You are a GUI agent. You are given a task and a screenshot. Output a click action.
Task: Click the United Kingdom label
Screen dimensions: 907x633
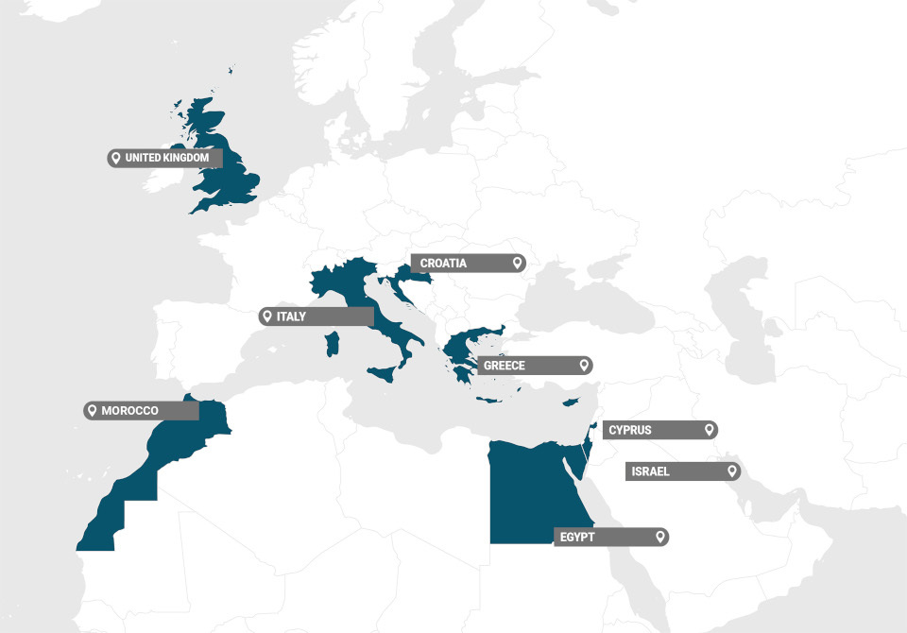coord(167,158)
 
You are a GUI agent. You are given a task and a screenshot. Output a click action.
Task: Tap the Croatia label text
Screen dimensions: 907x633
coord(444,264)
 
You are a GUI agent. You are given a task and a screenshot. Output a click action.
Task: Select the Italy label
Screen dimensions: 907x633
coord(292,316)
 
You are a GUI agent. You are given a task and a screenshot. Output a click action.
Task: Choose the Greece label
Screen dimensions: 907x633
coord(505,365)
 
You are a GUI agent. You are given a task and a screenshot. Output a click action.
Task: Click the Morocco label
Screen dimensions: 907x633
coord(130,411)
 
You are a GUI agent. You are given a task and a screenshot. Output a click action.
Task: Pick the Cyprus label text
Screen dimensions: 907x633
coord(630,430)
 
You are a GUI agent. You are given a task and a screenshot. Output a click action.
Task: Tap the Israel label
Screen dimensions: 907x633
coord(651,471)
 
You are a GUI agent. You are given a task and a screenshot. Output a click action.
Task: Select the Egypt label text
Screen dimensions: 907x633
coord(578,538)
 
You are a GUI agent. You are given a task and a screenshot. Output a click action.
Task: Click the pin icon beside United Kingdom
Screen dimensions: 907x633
coord(116,158)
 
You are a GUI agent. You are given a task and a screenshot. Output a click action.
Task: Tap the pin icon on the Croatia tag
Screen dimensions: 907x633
coord(517,264)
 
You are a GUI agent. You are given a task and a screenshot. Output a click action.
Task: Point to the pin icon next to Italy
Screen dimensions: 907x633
coord(268,316)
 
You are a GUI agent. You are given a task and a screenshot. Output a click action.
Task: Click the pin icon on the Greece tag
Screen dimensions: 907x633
coord(584,365)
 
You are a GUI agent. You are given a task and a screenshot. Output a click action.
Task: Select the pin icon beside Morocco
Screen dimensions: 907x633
coord(93,411)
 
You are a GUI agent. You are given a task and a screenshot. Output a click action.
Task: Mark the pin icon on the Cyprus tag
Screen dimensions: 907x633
coord(709,430)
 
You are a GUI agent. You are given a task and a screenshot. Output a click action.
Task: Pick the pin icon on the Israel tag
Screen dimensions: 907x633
coord(731,471)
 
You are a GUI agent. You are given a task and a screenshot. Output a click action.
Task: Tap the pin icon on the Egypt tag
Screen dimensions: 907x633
coord(660,538)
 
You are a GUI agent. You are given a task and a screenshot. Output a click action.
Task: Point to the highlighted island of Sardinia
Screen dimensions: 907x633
coord(331,343)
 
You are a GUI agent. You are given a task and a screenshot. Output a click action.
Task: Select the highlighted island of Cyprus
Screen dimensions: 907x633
coord(570,403)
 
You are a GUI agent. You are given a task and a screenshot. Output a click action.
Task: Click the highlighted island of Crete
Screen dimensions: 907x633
coord(488,401)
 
